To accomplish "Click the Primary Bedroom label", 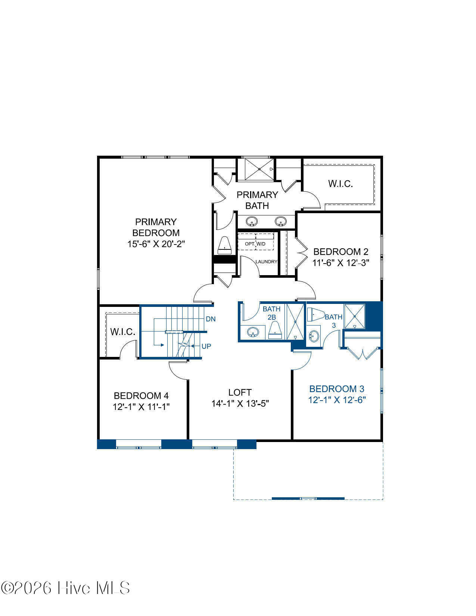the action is point(156,227).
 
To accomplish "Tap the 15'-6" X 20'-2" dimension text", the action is point(156,244).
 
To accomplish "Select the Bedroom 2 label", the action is point(341,252).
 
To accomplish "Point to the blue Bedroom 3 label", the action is point(337,389).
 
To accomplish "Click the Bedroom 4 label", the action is point(141,395).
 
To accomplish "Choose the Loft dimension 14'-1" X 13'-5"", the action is point(240,404).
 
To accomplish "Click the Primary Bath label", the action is point(257,200).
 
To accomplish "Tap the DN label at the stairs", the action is point(211,319).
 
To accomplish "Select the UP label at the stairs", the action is point(206,346).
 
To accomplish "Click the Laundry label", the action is point(266,262).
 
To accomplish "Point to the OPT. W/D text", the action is point(255,244).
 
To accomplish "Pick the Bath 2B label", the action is point(271,313).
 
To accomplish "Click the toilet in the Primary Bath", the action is point(224,245).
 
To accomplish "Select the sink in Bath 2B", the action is point(253,332).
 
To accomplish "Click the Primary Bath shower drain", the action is point(259,169).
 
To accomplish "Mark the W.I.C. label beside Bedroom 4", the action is point(122,332).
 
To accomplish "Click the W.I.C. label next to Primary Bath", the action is point(340,184).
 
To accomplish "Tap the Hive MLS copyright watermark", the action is point(65,588).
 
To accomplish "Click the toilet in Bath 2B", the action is point(275,330).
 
